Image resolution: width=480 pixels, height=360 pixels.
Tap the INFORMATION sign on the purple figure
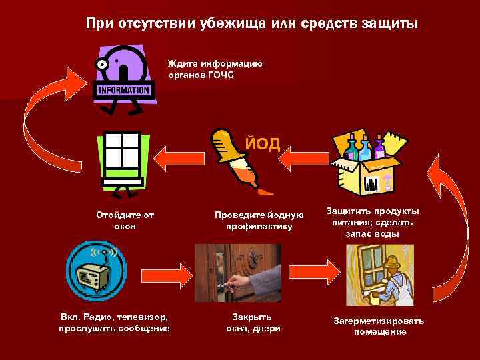pos(123,90)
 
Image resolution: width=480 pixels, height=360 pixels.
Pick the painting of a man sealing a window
pos(379,273)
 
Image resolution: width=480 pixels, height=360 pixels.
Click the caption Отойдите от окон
pos(125,220)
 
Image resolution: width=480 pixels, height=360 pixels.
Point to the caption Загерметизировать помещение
pos(379,326)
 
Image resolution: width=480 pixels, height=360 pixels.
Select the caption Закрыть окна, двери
pos(253,322)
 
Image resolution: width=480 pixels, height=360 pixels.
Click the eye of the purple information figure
pos(103,65)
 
